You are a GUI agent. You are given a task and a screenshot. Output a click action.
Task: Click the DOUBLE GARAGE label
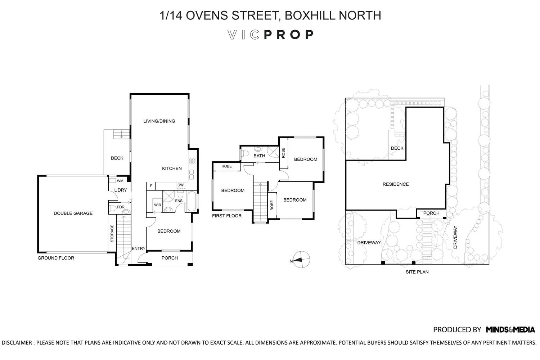73,213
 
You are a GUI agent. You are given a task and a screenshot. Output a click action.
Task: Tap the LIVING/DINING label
159,121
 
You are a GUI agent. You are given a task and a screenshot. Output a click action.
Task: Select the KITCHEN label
172,168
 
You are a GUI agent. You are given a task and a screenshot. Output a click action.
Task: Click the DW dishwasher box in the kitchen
180,185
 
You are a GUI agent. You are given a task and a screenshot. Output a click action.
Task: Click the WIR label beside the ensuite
158,205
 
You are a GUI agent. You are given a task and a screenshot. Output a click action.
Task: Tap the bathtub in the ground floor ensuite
192,202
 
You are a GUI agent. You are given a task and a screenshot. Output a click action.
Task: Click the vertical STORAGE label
112,233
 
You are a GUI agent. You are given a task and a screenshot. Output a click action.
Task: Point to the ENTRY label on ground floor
138,248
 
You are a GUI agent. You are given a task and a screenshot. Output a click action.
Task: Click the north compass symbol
301,259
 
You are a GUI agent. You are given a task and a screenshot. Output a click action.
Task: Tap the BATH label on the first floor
259,156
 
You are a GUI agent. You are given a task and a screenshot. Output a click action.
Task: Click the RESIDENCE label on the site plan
396,184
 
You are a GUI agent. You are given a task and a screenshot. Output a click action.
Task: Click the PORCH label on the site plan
431,213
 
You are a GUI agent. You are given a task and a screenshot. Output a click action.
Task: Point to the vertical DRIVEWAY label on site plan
455,237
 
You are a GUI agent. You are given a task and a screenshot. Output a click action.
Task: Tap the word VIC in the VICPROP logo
244,35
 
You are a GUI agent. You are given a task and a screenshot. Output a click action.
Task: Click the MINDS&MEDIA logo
510,329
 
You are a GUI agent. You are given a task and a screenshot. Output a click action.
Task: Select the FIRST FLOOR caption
227,216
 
